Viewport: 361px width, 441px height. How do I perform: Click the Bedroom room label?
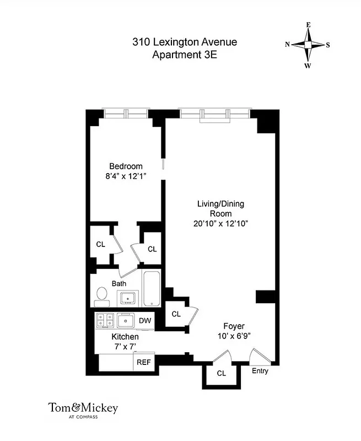[x=126, y=166]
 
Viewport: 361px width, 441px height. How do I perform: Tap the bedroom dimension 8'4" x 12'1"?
[x=126, y=176]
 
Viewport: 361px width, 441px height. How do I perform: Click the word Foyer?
[x=234, y=325]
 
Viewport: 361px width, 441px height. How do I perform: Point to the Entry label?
[x=260, y=371]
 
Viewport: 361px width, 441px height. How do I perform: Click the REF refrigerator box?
[x=143, y=362]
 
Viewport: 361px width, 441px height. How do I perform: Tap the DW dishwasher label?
[x=144, y=320]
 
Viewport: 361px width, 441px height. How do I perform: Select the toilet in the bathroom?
[x=102, y=296]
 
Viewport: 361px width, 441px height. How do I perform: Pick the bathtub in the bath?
[x=151, y=289]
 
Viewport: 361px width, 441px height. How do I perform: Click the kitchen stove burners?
[x=104, y=320]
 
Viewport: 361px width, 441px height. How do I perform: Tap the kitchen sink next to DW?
[x=126, y=320]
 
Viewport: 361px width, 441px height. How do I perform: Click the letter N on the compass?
[x=287, y=45]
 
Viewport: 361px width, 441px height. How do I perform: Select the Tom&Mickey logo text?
[x=83, y=408]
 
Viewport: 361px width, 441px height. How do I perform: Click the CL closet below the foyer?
[x=222, y=373]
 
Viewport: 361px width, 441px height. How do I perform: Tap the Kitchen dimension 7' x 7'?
[x=125, y=346]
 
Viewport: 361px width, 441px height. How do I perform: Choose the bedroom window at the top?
[x=126, y=114]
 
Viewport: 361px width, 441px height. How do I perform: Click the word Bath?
[x=119, y=283]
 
